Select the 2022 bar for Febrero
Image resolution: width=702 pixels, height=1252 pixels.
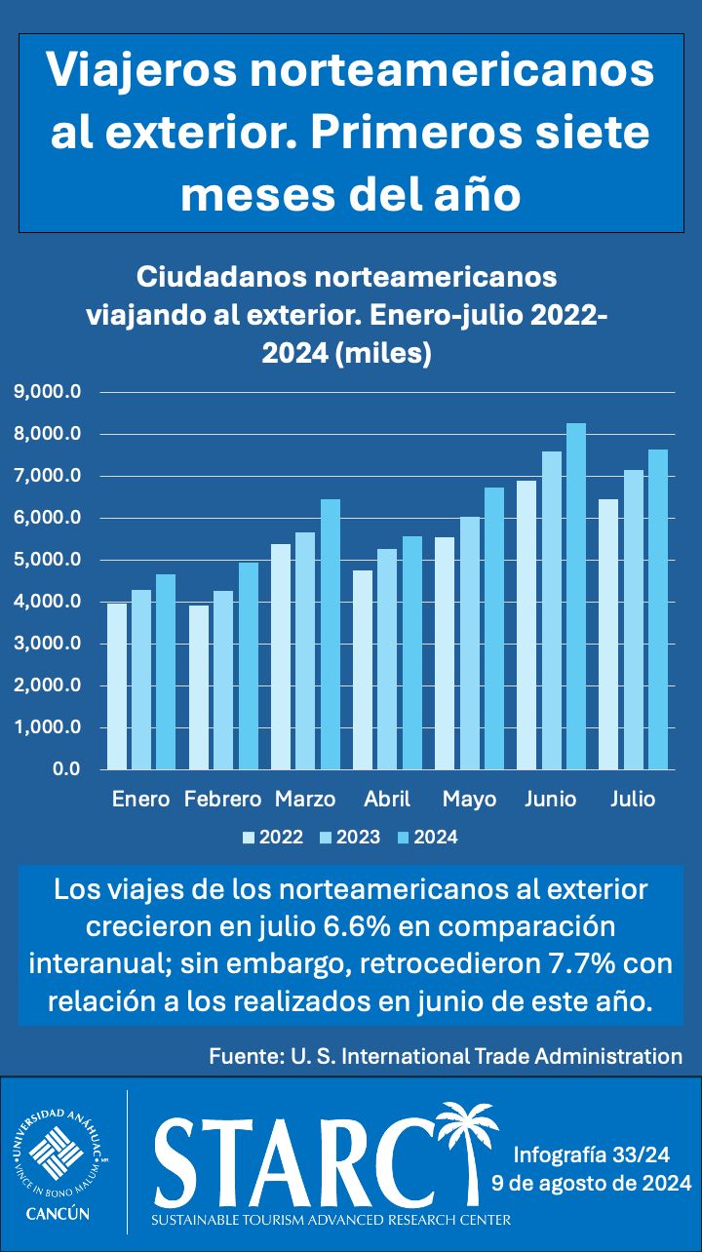pyautogui.click(x=199, y=687)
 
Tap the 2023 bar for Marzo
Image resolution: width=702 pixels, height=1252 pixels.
pyautogui.click(x=305, y=651)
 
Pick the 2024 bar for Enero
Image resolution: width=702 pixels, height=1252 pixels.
pyautogui.click(x=166, y=672)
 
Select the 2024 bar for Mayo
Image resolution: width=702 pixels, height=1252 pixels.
pyautogui.click(x=494, y=629)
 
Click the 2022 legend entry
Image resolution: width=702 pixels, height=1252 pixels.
pyautogui.click(x=272, y=837)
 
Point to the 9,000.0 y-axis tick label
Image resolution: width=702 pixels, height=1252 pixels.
pyautogui.click(x=46, y=392)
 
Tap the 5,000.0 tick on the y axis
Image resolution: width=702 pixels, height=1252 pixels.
pyautogui.click(x=46, y=560)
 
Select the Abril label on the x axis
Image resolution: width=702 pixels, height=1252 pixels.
pyautogui.click(x=387, y=800)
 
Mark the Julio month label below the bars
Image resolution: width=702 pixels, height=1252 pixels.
pyautogui.click(x=633, y=800)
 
